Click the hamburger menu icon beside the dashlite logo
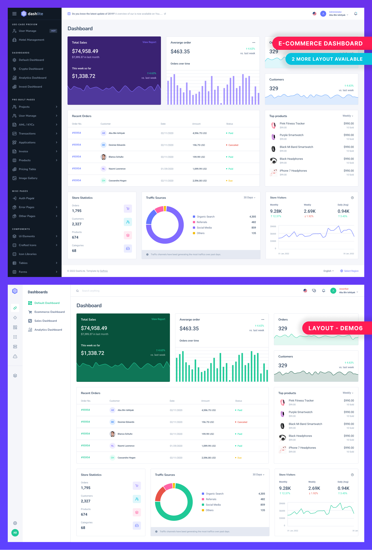(14, 14)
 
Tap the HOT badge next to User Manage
(53, 31)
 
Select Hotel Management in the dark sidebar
(31, 40)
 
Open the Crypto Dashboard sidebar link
(31, 69)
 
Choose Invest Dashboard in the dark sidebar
(30, 87)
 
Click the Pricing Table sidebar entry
(27, 169)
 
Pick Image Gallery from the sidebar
(28, 178)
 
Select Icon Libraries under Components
(27, 254)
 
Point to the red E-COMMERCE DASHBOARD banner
(320, 43)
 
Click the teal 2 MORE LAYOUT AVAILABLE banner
(327, 59)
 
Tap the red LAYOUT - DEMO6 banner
(335, 328)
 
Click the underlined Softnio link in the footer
(104, 271)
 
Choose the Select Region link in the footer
(351, 271)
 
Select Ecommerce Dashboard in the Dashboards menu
(49, 312)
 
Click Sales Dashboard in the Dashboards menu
(45, 321)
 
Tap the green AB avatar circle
(15, 533)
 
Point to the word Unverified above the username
(344, 289)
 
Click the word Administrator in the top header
(335, 12)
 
